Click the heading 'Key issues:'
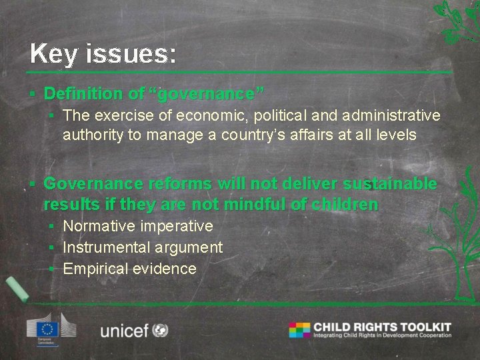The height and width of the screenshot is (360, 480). pyautogui.click(x=103, y=53)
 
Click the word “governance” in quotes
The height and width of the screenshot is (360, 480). pyautogui.click(x=210, y=93)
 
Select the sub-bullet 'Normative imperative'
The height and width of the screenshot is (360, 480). pyautogui.click(x=137, y=226)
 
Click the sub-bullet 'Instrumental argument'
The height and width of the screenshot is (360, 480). pyautogui.click(x=142, y=247)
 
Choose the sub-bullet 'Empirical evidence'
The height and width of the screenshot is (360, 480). pyautogui.click(x=129, y=269)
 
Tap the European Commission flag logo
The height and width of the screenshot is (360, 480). pyautogui.click(x=48, y=327)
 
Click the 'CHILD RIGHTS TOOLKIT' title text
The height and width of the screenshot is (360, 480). pyautogui.click(x=382, y=327)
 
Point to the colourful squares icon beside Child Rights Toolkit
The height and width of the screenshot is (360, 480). pyautogui.click(x=299, y=329)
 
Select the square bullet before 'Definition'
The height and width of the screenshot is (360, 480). pyautogui.click(x=33, y=94)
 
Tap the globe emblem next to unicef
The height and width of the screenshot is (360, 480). pyautogui.click(x=160, y=330)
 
